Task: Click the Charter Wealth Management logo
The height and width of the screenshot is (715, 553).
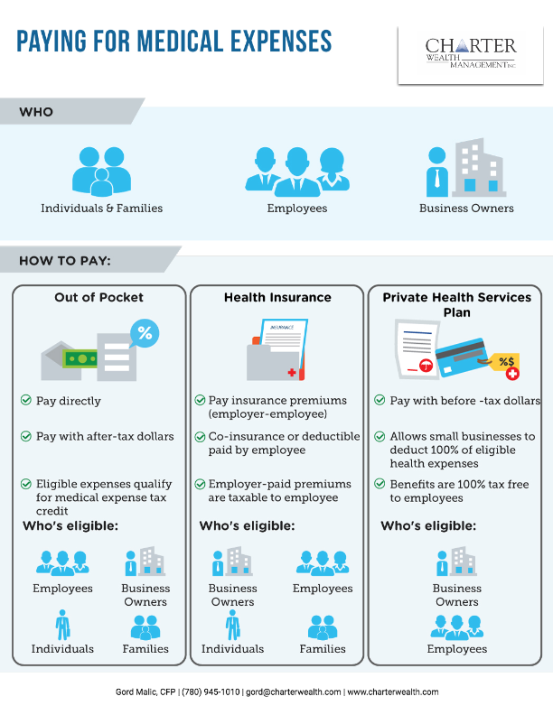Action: point(471,54)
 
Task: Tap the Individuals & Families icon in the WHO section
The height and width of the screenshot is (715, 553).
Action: point(102,171)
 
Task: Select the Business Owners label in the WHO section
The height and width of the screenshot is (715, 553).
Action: point(466,209)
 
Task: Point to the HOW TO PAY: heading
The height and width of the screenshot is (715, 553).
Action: point(65,261)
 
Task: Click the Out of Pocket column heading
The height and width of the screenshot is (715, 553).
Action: point(99,297)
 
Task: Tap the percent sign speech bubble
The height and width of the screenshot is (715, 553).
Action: point(145,333)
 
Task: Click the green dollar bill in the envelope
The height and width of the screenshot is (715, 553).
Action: point(81,359)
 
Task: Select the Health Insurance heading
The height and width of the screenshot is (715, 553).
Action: point(277,297)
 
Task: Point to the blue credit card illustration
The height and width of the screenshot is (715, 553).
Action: point(461,357)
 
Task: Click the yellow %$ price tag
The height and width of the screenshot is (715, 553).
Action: point(505,365)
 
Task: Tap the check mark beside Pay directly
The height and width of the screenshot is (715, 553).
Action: point(26,400)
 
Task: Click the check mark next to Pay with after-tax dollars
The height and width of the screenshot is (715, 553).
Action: point(26,436)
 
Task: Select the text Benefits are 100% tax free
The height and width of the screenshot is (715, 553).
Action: point(459,484)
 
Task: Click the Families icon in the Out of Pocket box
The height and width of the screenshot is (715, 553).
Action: point(145,627)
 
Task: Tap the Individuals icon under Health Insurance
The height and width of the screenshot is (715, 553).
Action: point(233,625)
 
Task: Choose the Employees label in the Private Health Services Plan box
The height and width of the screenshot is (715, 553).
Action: point(456,649)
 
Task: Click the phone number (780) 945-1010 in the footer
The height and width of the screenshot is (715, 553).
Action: point(211,692)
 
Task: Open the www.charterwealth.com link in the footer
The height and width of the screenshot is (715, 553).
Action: point(393,692)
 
